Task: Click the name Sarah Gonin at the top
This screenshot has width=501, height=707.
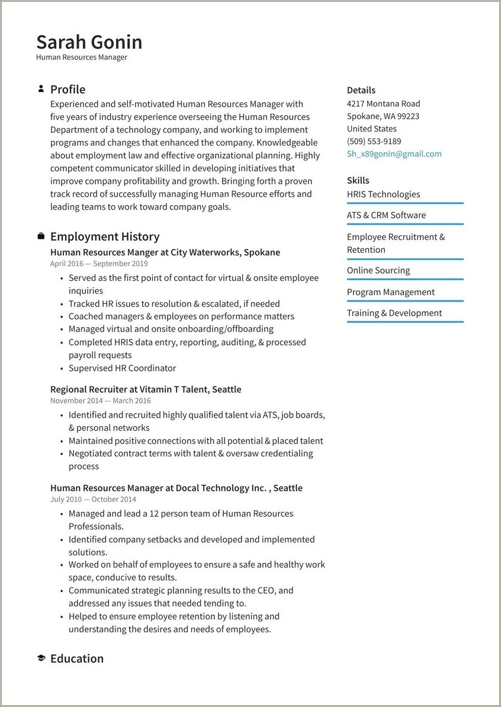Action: tap(89, 42)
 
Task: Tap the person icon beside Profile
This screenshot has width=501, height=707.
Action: tap(41, 89)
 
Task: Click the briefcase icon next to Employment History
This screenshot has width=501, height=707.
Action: tap(41, 236)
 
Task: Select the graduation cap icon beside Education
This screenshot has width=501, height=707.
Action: tap(41, 658)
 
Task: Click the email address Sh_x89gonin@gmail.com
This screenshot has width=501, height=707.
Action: tap(394, 154)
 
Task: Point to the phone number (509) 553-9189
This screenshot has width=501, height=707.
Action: tap(374, 141)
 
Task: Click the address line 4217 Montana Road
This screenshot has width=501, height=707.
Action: tap(383, 103)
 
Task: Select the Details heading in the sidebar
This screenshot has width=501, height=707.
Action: tap(361, 90)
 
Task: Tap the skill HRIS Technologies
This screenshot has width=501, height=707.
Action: tap(383, 194)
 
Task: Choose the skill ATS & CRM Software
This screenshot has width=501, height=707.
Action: tap(386, 215)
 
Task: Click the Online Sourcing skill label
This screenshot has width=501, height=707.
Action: tap(378, 270)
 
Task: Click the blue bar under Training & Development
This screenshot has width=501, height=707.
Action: tap(405, 322)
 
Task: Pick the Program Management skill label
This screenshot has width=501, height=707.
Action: tap(390, 292)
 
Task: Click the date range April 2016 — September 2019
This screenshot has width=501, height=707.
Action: tap(99, 264)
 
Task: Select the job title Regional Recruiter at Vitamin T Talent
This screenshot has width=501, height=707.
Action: tap(146, 389)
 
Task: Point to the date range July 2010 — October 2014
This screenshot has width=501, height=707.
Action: tap(93, 500)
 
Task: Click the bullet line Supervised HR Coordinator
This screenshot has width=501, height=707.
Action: tap(122, 368)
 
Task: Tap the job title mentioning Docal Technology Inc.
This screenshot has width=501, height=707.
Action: tap(176, 488)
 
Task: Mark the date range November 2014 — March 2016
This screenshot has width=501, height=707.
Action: tap(100, 401)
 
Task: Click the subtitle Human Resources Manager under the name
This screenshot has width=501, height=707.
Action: tap(81, 57)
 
